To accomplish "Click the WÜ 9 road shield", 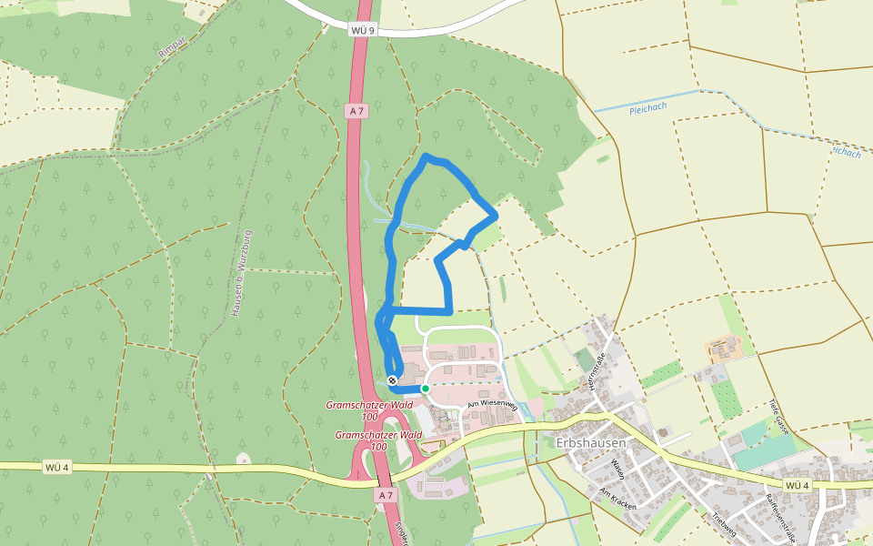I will pyautogui.click(x=362, y=31).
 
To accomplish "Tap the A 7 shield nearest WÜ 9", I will pyautogui.click(x=356, y=111).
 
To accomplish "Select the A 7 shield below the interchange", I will pyautogui.click(x=386, y=495).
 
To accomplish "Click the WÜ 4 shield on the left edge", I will pyautogui.click(x=56, y=467).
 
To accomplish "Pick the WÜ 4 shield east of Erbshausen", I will pyautogui.click(x=798, y=486).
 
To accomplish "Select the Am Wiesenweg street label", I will pyautogui.click(x=491, y=403).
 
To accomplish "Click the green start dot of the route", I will pyautogui.click(x=425, y=389).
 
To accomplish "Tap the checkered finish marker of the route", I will pyautogui.click(x=392, y=379).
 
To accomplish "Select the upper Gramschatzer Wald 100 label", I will pyautogui.click(x=369, y=410).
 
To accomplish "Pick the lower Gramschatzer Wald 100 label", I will pyautogui.click(x=378, y=440).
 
